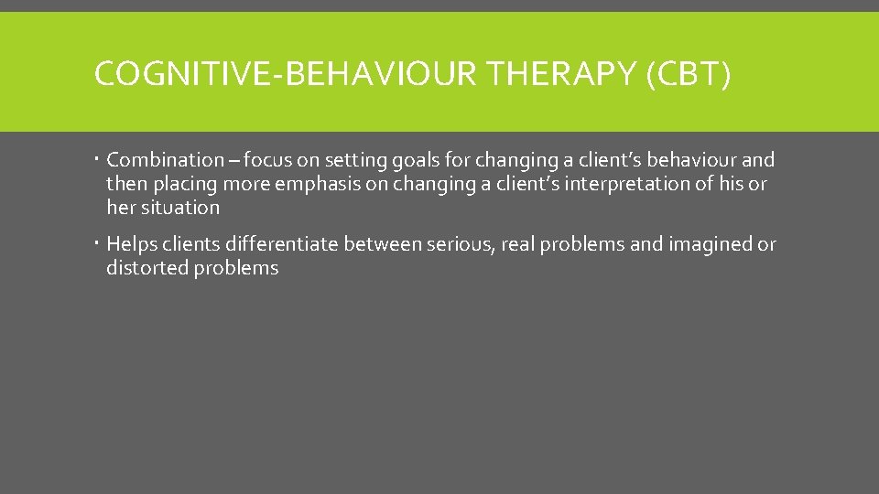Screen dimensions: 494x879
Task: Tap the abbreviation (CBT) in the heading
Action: pyautogui.click(x=689, y=74)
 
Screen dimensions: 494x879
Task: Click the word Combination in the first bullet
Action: pyautogui.click(x=165, y=160)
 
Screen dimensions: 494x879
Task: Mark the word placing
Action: pyautogui.click(x=183, y=185)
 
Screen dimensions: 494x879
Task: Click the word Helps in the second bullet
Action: pyautogui.click(x=132, y=244)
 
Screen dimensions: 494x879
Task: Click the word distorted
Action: pyautogui.click(x=145, y=268)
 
